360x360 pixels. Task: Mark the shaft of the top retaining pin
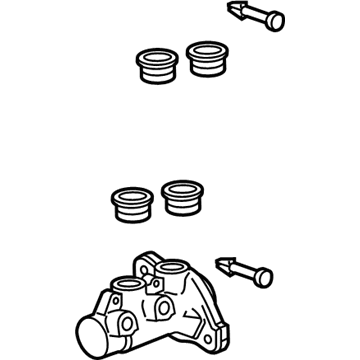pos(249,18)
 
